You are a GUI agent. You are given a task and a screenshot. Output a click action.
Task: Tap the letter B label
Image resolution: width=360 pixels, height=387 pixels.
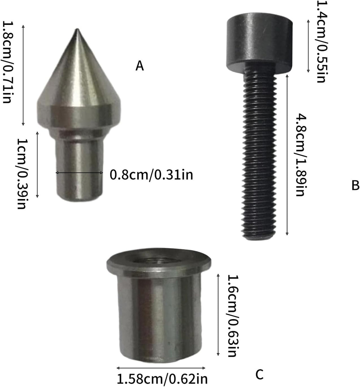tap(355, 185)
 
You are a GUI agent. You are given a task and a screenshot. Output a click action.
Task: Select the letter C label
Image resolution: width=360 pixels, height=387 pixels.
tap(259, 374)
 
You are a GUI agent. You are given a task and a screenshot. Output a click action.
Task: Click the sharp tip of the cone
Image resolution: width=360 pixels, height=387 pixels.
tap(77, 29)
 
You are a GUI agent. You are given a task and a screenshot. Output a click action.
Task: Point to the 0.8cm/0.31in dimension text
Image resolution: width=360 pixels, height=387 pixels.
tap(151, 175)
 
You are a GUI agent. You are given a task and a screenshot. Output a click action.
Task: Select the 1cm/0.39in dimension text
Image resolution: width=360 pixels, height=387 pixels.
tap(22, 174)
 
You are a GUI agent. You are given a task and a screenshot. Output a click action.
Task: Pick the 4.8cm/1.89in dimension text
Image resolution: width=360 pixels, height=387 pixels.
tap(301, 155)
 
